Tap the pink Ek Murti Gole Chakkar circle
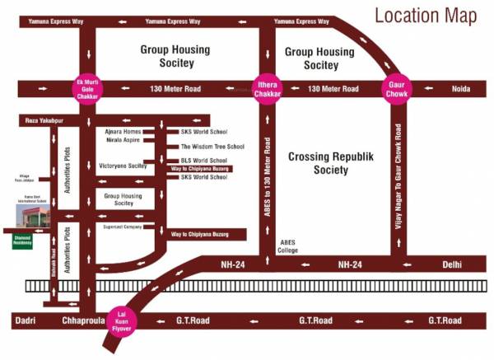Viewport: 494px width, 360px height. click(x=86, y=87)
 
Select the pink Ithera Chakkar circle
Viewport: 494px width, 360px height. click(x=266, y=87)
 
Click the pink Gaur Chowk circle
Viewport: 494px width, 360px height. click(x=396, y=87)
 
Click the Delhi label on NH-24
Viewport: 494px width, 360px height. click(x=452, y=264)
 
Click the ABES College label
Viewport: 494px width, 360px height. click(x=288, y=246)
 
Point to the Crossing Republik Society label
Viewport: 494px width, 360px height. click(x=329, y=162)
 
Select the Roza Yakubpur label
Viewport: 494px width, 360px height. click(x=35, y=121)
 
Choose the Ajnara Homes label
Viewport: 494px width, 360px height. click(x=123, y=132)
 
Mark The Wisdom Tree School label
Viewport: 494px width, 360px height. click(x=212, y=146)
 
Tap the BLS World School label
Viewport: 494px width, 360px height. click(x=203, y=160)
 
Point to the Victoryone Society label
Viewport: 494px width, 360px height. click(x=123, y=166)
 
